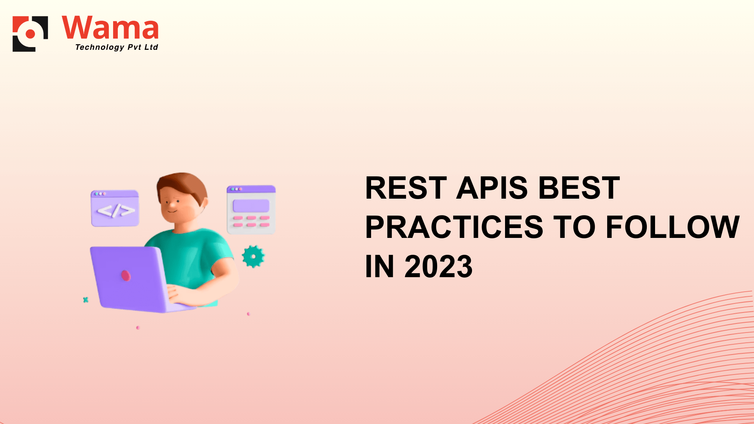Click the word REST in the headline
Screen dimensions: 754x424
pos(406,188)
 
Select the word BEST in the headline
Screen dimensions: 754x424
pos(579,188)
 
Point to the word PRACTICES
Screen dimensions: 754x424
pos(454,227)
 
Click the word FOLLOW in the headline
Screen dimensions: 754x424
pos(673,227)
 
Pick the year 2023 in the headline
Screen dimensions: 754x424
pos(439,267)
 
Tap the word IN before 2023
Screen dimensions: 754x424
pos(379,267)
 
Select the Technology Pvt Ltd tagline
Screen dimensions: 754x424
pos(117,47)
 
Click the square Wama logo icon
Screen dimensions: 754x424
pos(30,34)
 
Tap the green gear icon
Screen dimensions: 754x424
pos(253,256)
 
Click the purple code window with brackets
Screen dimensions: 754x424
pos(115,208)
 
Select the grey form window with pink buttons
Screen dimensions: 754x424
pos(251,210)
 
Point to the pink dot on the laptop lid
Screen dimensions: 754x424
pos(126,275)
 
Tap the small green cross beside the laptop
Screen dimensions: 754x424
pos(86,300)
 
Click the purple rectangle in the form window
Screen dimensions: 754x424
pos(251,206)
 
